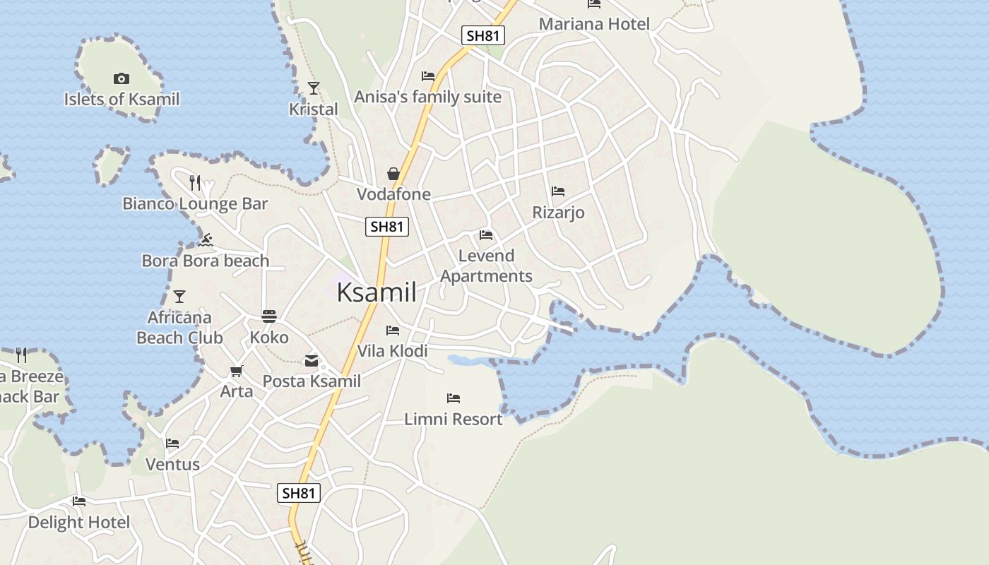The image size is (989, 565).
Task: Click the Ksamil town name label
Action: coord(376,292)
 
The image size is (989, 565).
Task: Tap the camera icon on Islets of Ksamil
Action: coord(122,78)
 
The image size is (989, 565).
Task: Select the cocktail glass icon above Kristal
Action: coord(314,88)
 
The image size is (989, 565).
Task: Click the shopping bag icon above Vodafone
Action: coord(393,174)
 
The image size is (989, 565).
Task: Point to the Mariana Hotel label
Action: coord(594,24)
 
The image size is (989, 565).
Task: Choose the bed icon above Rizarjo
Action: coord(558,191)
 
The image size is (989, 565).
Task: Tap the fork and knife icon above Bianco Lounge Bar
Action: coord(196,183)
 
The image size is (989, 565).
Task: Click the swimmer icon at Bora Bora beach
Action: coord(206,240)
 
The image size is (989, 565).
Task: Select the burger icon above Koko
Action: coord(269,316)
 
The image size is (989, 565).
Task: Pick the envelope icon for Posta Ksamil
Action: coord(312,361)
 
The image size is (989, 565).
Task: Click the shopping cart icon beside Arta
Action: coord(237,371)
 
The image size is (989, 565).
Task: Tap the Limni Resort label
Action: coord(453,419)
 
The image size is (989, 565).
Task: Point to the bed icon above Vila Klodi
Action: coord(393,330)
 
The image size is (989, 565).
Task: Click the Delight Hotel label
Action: coord(79,523)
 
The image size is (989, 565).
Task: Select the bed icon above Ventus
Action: coord(172,444)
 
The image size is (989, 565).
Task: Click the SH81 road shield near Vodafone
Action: coord(387,227)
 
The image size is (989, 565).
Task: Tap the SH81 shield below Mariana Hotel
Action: coord(483,35)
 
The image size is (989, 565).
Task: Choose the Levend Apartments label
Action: coord(486,266)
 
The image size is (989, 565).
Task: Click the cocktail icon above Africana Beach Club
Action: coord(179,296)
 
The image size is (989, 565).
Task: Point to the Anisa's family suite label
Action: coord(427,97)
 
